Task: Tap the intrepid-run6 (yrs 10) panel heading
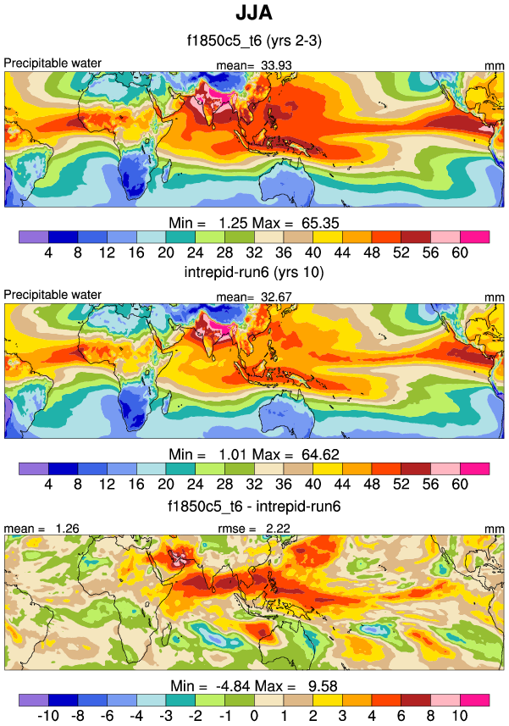coord(254,274)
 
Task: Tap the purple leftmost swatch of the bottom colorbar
coord(33,700)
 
